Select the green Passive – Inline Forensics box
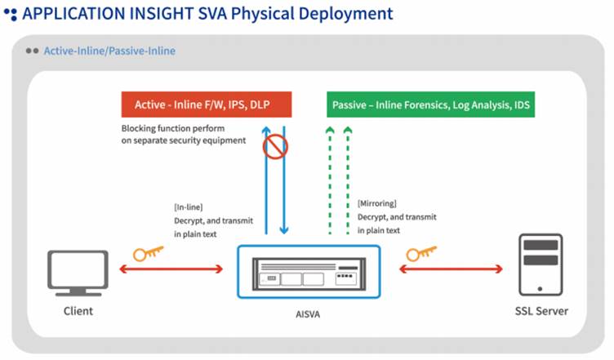point(430,104)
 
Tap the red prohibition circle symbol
point(275,148)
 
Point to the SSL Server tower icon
point(541,263)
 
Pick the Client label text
point(78,311)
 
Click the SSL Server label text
point(541,311)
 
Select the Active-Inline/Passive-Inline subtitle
point(109,51)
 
